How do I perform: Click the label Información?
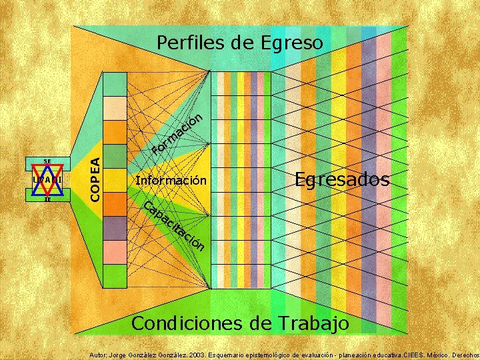click(x=171, y=181)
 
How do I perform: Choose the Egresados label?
click(x=342, y=179)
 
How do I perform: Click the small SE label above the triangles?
click(x=47, y=161)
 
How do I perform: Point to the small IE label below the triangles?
click(x=47, y=199)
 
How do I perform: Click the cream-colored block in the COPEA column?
click(x=115, y=107)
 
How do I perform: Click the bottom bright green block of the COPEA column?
click(x=115, y=275)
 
